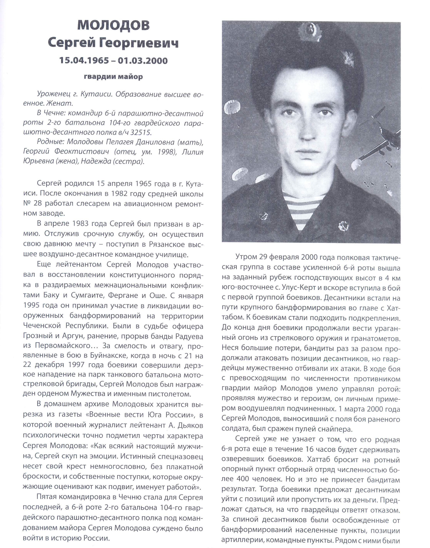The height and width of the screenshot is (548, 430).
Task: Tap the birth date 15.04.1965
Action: (84, 61)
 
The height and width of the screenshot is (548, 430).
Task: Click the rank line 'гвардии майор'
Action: (113, 77)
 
